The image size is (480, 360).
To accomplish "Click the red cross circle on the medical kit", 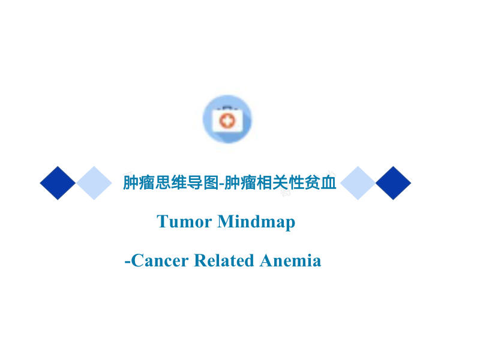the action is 227,121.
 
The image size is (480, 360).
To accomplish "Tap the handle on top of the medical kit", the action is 227,108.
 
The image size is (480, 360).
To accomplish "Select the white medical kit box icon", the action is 227,121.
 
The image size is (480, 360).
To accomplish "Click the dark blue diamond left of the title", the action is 58,183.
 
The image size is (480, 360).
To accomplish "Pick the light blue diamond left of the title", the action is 94,183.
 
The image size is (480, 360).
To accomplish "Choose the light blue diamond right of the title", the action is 358,183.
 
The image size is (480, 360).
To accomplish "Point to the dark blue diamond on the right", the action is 394,183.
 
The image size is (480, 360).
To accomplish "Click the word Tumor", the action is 184,221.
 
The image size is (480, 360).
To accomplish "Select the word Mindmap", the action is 256,222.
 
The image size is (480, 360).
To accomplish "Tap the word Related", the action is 224,260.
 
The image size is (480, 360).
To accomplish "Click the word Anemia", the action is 290,260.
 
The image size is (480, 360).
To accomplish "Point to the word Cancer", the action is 160,260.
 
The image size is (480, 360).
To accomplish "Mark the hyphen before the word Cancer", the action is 127,262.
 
